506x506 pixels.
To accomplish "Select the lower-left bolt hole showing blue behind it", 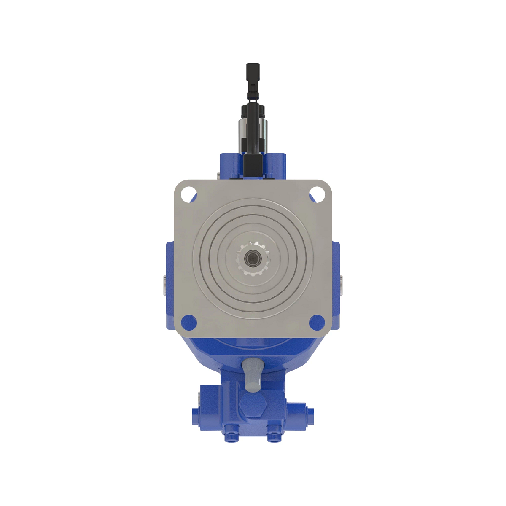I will point(188,323).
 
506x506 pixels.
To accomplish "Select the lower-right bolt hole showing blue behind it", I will point(317,323).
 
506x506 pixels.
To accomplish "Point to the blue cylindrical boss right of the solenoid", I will point(277,164).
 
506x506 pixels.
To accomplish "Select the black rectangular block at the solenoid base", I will point(253,166).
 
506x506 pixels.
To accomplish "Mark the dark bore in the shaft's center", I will point(253,257).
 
